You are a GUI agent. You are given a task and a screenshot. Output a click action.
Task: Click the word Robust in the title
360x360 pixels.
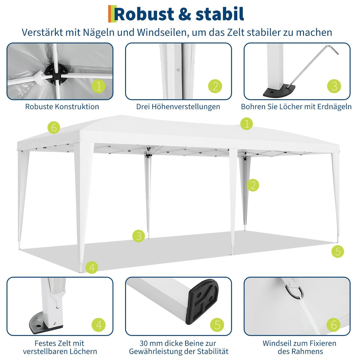[144, 14]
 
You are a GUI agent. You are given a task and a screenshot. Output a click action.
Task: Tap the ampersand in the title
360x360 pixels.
[184, 14]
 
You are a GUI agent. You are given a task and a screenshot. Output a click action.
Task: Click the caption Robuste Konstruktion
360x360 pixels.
[62, 107]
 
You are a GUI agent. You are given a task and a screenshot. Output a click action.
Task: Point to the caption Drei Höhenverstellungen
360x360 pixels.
[178, 107]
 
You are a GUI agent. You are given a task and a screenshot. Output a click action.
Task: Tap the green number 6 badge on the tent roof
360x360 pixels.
[54, 127]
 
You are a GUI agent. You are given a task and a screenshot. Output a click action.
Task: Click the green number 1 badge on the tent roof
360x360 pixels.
[247, 124]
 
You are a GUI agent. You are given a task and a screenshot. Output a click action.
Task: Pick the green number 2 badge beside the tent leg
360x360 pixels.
[253, 185]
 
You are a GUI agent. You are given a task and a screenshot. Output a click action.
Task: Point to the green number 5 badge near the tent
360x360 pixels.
[338, 251]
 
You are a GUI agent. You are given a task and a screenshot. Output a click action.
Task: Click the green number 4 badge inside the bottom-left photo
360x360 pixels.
[99, 325]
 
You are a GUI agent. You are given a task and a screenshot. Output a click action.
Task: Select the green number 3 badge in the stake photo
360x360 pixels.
[334, 86]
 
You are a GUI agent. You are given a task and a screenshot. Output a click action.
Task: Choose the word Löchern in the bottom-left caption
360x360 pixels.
[83, 351]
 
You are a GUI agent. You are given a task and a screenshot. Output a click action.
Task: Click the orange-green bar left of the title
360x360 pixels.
[112, 14]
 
